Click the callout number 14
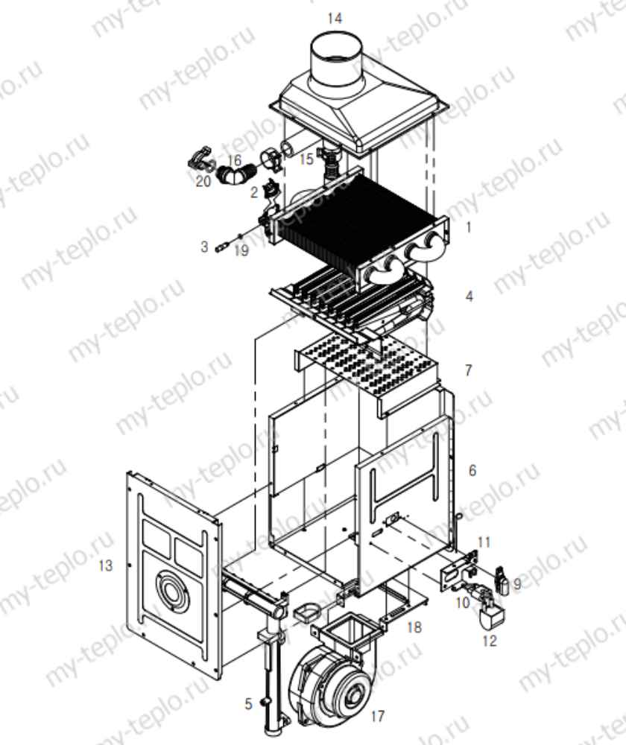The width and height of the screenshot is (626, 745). tap(335, 19)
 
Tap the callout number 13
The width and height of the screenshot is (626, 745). tap(106, 565)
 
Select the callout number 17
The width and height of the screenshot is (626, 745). tap(377, 715)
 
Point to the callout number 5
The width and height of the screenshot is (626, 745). tap(248, 704)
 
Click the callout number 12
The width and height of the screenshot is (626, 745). tap(489, 641)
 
